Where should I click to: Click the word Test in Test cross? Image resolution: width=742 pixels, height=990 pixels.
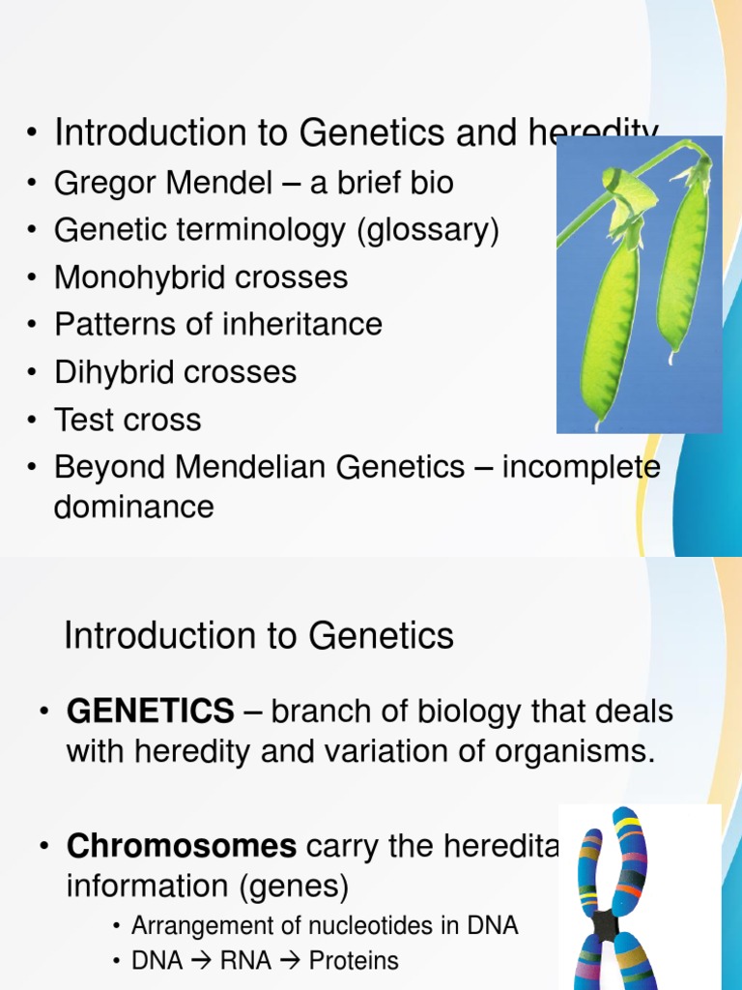[x=84, y=420]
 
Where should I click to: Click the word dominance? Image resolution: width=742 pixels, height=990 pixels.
[x=133, y=507]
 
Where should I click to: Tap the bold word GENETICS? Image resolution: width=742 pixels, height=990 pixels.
[x=150, y=713]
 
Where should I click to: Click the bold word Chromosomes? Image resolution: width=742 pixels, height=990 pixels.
[x=182, y=846]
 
